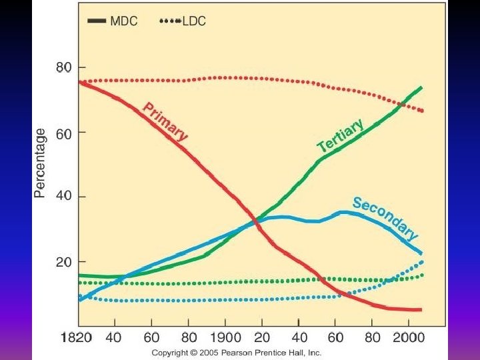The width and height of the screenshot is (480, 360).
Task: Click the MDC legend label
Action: click(x=124, y=21)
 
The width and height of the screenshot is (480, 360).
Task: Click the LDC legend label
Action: click(x=194, y=21)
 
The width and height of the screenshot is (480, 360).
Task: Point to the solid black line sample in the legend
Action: click(x=97, y=21)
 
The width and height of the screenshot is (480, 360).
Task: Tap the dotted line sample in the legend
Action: click(x=169, y=21)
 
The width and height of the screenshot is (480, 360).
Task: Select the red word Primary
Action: click(x=166, y=121)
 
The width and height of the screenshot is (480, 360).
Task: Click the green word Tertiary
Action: click(x=341, y=136)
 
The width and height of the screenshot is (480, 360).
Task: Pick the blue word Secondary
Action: click(x=385, y=218)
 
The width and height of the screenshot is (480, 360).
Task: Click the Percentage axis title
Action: click(x=41, y=163)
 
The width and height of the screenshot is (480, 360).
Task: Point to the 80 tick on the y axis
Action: click(x=64, y=67)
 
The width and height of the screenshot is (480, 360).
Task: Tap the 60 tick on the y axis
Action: click(x=64, y=132)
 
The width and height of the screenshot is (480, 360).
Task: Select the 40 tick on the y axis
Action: click(x=64, y=197)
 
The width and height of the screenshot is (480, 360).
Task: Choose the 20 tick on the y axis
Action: click(x=64, y=262)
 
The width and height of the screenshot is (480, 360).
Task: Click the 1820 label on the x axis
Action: click(x=77, y=338)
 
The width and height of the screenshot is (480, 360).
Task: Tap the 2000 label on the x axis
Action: click(x=408, y=338)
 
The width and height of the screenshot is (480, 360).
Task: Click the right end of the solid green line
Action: click(x=422, y=87)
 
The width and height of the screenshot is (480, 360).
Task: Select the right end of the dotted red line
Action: click(x=422, y=111)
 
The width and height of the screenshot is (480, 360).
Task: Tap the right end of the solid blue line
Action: click(x=422, y=253)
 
